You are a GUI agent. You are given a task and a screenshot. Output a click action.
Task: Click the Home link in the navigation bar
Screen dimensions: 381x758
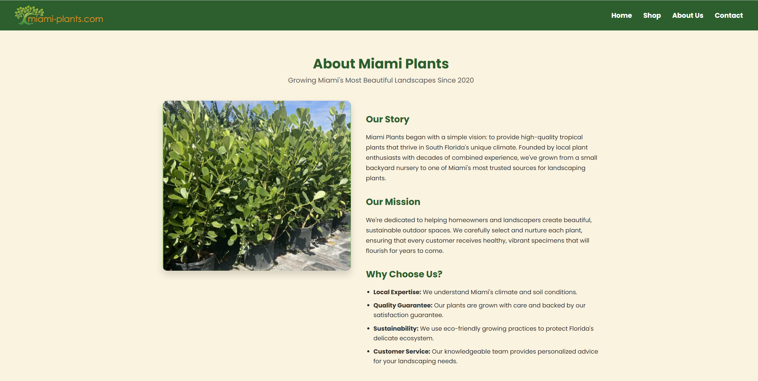pos(621,15)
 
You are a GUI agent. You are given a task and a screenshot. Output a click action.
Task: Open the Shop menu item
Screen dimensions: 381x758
pos(652,15)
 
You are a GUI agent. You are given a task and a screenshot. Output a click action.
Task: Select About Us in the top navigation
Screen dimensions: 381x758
pos(688,15)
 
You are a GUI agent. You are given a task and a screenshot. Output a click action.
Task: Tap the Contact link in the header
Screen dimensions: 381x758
pos(728,15)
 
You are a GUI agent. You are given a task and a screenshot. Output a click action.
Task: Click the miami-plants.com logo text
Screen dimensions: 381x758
pos(65,19)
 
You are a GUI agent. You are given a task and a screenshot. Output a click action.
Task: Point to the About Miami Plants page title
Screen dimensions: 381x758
pos(381,64)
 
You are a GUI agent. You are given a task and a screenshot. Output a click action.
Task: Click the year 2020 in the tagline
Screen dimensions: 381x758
pos(465,80)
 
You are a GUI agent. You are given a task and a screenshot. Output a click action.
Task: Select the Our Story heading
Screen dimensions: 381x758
pos(387,119)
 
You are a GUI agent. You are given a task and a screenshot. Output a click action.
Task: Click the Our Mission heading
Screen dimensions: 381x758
pos(393,202)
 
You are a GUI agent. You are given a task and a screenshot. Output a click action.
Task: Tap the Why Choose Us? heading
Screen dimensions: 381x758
pos(404,274)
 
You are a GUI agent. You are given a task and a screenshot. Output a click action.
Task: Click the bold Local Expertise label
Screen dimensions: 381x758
pos(397,292)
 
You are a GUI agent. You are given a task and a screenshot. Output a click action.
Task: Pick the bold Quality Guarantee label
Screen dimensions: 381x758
pos(403,305)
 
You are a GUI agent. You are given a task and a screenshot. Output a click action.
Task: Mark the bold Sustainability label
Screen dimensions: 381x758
pos(396,329)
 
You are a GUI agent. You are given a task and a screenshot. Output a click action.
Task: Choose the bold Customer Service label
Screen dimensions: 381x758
pos(402,351)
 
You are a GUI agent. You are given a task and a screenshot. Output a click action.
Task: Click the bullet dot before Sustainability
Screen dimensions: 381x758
pos(368,328)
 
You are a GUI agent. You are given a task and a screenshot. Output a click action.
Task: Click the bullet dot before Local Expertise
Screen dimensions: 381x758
pos(368,292)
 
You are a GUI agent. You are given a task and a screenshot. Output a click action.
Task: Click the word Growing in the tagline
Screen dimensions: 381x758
pos(302,80)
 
